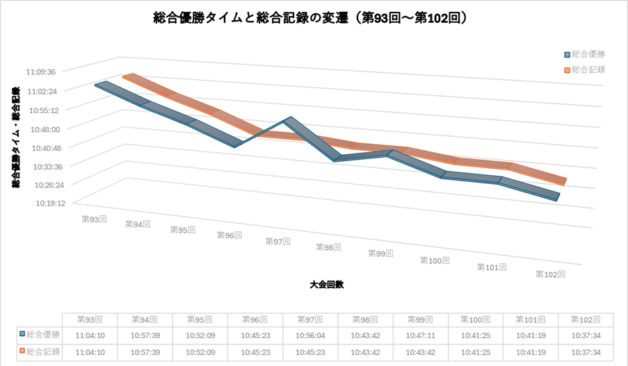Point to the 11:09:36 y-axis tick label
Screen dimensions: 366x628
pyautogui.click(x=45, y=71)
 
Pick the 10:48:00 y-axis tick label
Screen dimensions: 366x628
pyautogui.click(x=46, y=128)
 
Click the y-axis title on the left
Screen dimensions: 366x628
pyautogui.click(x=15, y=136)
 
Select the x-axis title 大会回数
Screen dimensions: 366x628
pyautogui.click(x=328, y=285)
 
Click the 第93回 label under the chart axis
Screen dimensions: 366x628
pyautogui.click(x=94, y=219)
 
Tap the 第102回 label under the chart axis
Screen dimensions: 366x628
pyautogui.click(x=550, y=274)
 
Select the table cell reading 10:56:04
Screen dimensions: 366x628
pyautogui.click(x=310, y=335)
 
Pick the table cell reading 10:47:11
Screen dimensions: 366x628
pyautogui.click(x=420, y=335)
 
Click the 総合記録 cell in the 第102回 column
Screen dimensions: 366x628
pyautogui.click(x=585, y=351)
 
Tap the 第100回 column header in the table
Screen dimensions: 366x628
pyautogui.click(x=475, y=319)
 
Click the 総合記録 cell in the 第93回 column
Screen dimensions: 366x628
pyautogui.click(x=90, y=351)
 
